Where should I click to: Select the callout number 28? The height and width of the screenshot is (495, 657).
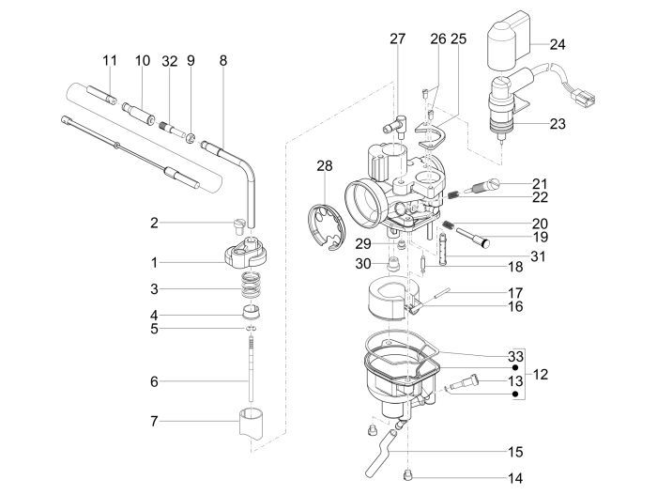click(x=325, y=165)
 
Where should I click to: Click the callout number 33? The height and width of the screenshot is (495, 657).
click(x=513, y=357)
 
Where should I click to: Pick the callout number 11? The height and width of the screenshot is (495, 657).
click(x=110, y=60)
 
